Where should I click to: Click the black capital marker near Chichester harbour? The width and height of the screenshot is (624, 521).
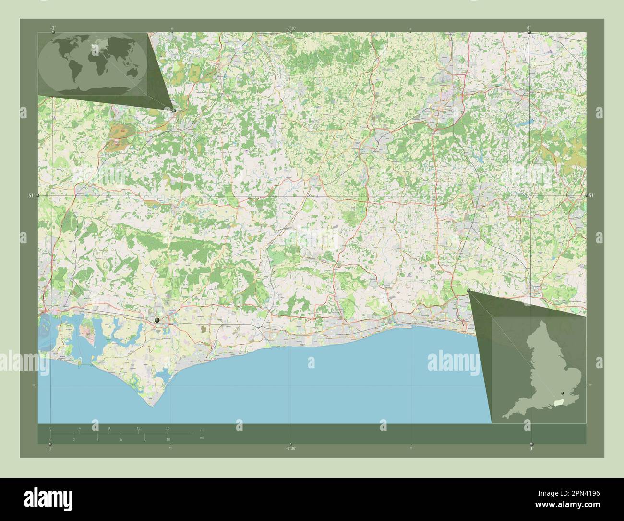[x=157, y=320]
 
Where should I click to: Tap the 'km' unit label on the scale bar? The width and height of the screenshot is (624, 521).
[x=201, y=430]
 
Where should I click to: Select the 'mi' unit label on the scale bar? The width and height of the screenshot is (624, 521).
[x=201, y=438]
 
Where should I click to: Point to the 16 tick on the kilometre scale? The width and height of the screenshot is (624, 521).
[x=168, y=428]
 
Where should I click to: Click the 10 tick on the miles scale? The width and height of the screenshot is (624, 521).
[x=168, y=440]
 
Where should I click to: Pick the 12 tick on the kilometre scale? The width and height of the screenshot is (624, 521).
[x=138, y=428]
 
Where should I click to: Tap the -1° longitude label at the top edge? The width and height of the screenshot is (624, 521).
[x=52, y=28]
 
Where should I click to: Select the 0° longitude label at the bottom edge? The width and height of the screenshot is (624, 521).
[x=531, y=448]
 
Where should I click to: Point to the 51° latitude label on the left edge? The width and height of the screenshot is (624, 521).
[x=31, y=195]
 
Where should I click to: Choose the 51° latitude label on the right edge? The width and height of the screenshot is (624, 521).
[x=591, y=195]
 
